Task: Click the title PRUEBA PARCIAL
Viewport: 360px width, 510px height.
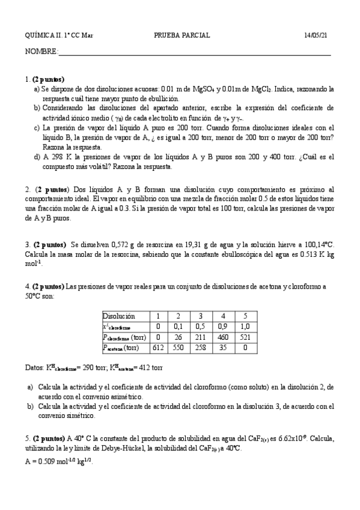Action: point(182,35)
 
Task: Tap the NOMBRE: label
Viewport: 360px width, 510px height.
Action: point(41,52)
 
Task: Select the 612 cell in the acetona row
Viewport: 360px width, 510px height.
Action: point(159,348)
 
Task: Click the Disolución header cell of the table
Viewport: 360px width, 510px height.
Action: point(119,316)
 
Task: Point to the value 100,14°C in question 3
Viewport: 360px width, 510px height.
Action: point(316,244)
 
